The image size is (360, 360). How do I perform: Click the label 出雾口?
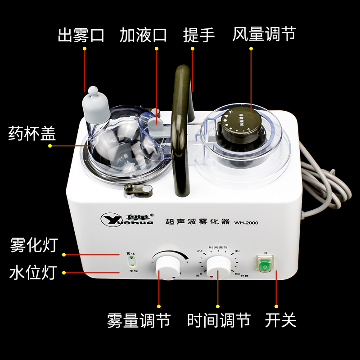[x=81, y=35]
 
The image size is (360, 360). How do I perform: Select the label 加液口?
[x=143, y=35]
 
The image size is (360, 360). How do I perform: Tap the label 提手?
[x=199, y=35]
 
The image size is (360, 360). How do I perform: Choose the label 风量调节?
[x=264, y=35]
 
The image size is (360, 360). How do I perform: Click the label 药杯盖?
[x=32, y=134]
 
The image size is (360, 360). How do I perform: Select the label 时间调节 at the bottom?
[x=218, y=320]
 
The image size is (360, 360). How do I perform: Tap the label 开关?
[x=280, y=320]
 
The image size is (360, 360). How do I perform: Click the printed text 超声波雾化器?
[x=198, y=221]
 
